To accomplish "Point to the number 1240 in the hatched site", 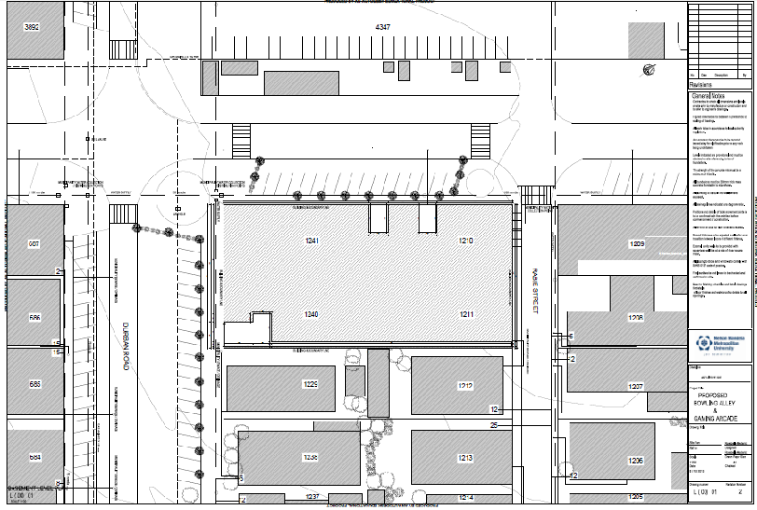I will pyautogui.click(x=311, y=315).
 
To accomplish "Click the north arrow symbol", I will pyautogui.click(x=650, y=68).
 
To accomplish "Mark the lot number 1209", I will pyautogui.click(x=637, y=244).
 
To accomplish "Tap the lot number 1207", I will pyautogui.click(x=637, y=385).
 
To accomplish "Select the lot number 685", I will pyautogui.click(x=34, y=384).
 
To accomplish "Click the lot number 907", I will pyautogui.click(x=34, y=244).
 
